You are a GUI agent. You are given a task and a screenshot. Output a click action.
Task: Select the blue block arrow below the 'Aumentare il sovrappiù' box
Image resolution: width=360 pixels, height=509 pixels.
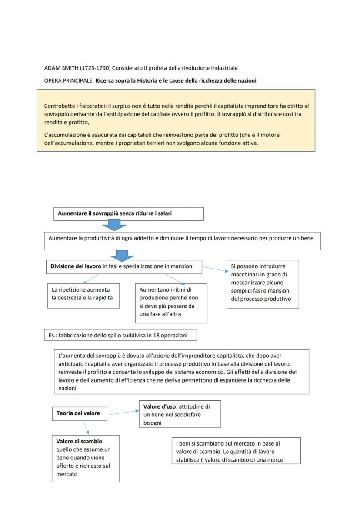pos(114,225)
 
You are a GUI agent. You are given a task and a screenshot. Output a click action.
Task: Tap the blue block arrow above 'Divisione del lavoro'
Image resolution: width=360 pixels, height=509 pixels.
pos(122,256)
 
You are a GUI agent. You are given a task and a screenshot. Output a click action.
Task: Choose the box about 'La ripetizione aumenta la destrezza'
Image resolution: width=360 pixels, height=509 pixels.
pos(83,296)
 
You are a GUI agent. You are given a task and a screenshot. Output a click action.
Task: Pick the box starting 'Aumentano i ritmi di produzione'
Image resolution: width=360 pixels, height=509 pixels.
pos(171,303)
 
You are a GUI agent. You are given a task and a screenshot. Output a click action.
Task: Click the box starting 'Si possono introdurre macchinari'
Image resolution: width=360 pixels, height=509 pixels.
pos(263,284)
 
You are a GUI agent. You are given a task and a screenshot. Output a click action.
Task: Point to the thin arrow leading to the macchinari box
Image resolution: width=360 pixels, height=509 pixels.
pos(214,269)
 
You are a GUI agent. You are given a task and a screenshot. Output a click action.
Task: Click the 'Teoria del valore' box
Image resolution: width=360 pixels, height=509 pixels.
pos(78,413)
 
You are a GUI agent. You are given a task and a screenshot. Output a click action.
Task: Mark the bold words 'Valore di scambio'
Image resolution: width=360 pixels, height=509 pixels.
pos(77,442)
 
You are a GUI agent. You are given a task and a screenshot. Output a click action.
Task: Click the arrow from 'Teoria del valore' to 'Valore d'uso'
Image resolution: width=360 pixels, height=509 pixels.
pos(124,413)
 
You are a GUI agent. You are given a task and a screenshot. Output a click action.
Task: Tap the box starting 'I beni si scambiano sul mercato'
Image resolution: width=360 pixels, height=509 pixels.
pos(236,451)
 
